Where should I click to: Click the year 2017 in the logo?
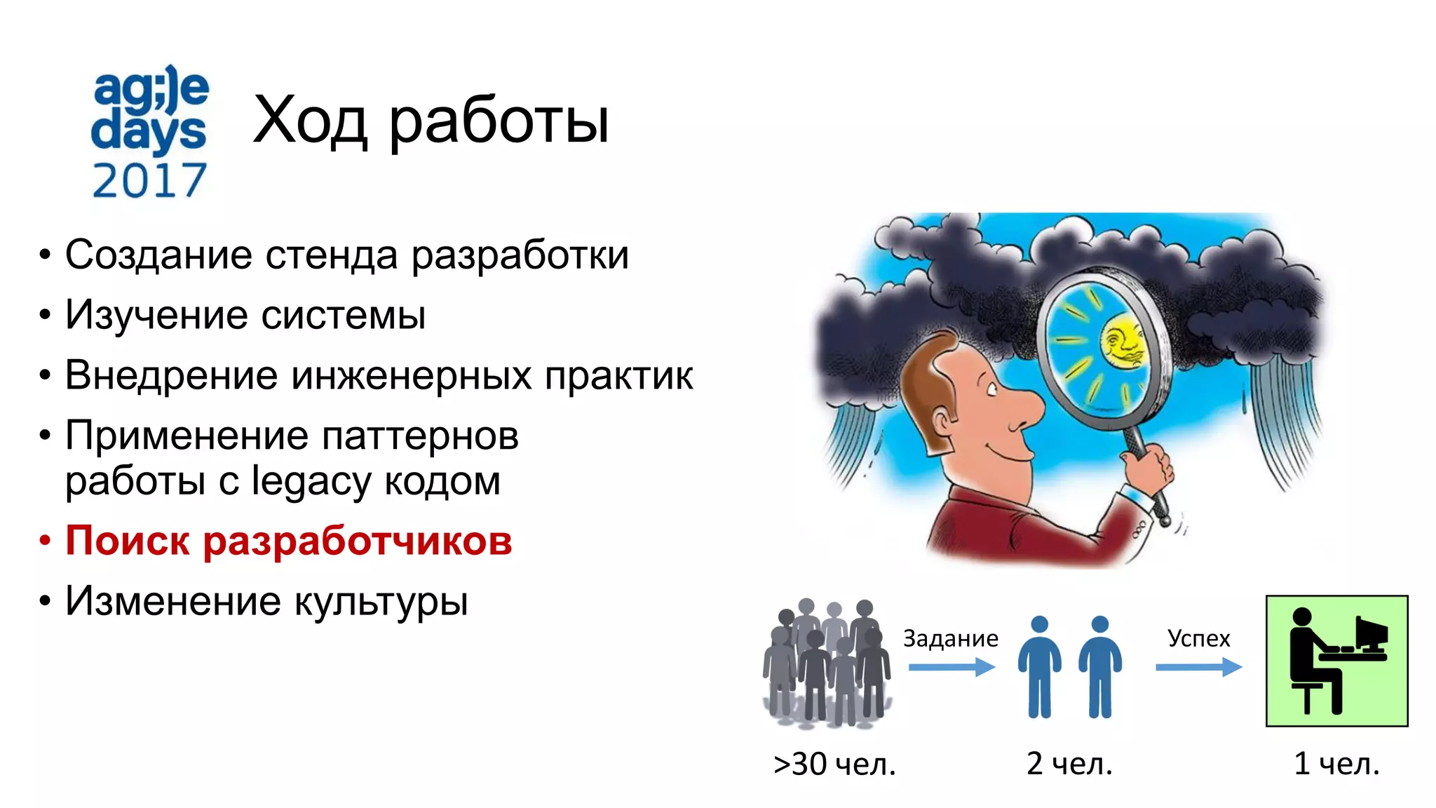(x=149, y=180)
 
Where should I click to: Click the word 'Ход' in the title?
(x=310, y=120)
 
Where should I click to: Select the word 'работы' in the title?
(x=499, y=121)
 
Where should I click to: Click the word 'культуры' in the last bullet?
(x=381, y=602)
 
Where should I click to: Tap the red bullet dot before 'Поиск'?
(x=45, y=541)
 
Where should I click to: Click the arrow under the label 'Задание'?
(x=951, y=667)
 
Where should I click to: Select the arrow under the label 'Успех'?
(x=1198, y=667)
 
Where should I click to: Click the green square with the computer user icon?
(x=1336, y=661)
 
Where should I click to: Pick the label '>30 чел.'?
(x=834, y=764)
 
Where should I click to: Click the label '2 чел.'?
(x=1069, y=763)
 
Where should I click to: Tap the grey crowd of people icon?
(x=827, y=663)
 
